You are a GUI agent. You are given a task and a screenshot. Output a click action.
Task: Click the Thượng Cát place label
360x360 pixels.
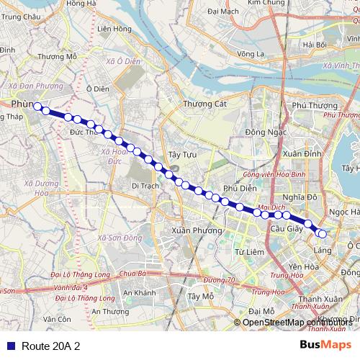tap(204, 104)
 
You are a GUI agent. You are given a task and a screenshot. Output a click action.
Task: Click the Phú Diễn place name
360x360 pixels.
tap(240, 188)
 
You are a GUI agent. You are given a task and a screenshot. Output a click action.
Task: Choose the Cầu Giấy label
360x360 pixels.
tap(283, 228)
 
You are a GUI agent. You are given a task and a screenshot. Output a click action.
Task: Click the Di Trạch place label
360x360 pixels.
tap(145, 185)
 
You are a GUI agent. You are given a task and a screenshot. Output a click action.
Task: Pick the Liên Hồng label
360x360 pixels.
tap(113, 29)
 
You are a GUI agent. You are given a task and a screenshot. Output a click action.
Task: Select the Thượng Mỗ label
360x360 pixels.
tap(57, 56)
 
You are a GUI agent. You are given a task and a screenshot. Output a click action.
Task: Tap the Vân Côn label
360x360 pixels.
tap(57, 319)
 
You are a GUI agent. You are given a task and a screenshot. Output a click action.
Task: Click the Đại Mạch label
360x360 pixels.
tap(222, 12)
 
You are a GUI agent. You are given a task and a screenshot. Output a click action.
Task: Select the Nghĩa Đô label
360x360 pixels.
tap(300, 197)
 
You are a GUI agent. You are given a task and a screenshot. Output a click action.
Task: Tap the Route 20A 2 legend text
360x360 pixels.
tap(50, 346)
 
